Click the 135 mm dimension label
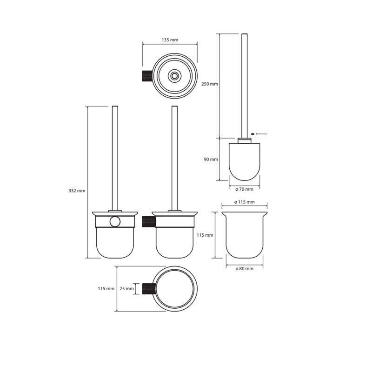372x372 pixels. tap(170, 40)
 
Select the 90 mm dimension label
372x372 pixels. tap(211, 159)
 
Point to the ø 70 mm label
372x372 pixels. tap(244, 189)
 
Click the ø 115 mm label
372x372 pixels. tap(245, 202)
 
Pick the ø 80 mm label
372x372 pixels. tap(245, 269)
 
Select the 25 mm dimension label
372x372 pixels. tap(126, 289)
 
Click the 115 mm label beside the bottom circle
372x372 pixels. tap(106, 289)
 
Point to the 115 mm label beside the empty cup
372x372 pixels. tap(205, 235)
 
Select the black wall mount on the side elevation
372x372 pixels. tap(147, 221)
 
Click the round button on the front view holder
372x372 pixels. tap(113, 221)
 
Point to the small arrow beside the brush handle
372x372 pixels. tap(261, 134)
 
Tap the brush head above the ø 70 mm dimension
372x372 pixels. tap(244, 160)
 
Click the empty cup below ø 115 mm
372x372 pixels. tap(244, 235)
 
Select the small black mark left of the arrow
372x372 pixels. tap(252, 134)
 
